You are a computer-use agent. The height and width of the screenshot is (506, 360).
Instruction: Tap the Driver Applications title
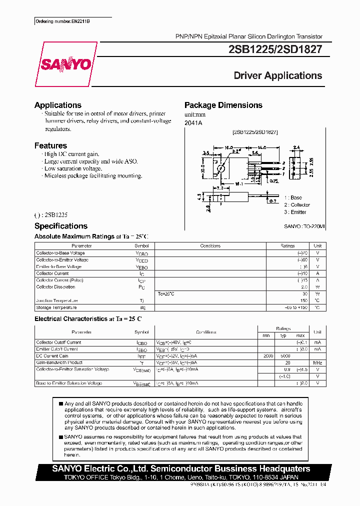pyautogui.click(x=278, y=76)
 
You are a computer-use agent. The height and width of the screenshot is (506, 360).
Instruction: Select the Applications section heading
pyautogui.click(x=58, y=105)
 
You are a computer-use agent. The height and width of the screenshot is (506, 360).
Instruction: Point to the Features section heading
pyautogui.click(x=50, y=145)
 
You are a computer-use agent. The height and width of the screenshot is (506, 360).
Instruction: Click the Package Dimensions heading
pyautogui.click(x=223, y=105)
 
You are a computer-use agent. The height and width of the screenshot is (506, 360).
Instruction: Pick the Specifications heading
pyautogui.click(x=61, y=226)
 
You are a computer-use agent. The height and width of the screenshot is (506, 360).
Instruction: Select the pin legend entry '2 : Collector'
pyautogui.click(x=297, y=204)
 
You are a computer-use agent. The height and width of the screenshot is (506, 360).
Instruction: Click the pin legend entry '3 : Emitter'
pyautogui.click(x=295, y=212)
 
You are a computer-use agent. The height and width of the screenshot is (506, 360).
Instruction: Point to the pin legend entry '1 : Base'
pyautogui.click(x=293, y=197)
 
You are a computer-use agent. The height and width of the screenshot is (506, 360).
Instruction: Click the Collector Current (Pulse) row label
pyautogui.click(x=59, y=280)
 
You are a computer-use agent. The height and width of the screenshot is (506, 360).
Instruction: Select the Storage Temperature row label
pyautogui.click(x=56, y=307)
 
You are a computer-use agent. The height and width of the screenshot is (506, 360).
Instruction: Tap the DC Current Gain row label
pyautogui.click(x=52, y=356)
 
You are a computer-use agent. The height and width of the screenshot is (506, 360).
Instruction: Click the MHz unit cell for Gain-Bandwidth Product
pyautogui.click(x=317, y=362)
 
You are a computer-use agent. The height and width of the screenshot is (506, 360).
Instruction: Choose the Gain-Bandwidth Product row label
pyautogui.click(x=59, y=362)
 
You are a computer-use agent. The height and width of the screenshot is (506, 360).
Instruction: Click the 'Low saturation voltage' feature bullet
pyautogui.click(x=72, y=169)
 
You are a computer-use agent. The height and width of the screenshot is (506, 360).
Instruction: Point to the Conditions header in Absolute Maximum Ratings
pyautogui.click(x=210, y=246)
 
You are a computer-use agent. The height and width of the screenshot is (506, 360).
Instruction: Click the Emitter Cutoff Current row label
pyautogui.click(x=57, y=349)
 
